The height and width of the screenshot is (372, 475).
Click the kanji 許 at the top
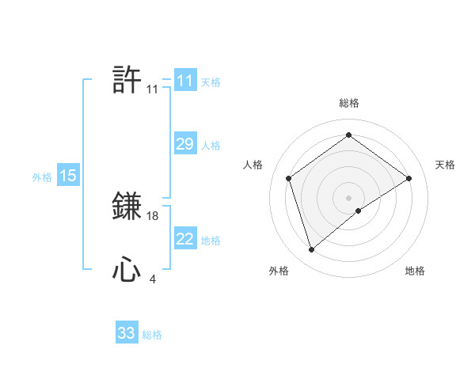click(x=127, y=80)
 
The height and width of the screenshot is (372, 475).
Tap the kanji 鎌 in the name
click(x=127, y=206)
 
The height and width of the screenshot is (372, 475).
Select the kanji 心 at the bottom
click(x=127, y=271)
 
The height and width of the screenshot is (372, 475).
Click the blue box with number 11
click(x=185, y=81)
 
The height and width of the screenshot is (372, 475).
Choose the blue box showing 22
click(x=185, y=239)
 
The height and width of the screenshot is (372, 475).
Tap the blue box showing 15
click(x=68, y=176)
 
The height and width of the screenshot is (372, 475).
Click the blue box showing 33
click(x=127, y=333)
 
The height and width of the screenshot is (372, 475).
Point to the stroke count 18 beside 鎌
click(x=154, y=215)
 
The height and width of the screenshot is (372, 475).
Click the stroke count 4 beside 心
click(x=152, y=279)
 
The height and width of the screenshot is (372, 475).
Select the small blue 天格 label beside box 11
click(x=211, y=82)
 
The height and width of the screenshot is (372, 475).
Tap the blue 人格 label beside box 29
click(x=211, y=146)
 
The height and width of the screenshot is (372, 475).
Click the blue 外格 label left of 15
click(x=42, y=177)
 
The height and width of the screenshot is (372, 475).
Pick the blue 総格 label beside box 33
click(x=152, y=336)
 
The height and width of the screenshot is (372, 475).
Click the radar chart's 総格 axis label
click(x=348, y=103)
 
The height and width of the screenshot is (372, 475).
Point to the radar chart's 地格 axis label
click(x=415, y=271)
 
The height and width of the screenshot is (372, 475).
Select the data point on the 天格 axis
click(x=408, y=178)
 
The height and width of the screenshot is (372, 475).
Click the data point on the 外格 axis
click(x=311, y=250)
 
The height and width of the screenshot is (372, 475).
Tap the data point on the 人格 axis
click(x=289, y=178)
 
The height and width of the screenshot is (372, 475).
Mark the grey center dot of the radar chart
click(x=348, y=197)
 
